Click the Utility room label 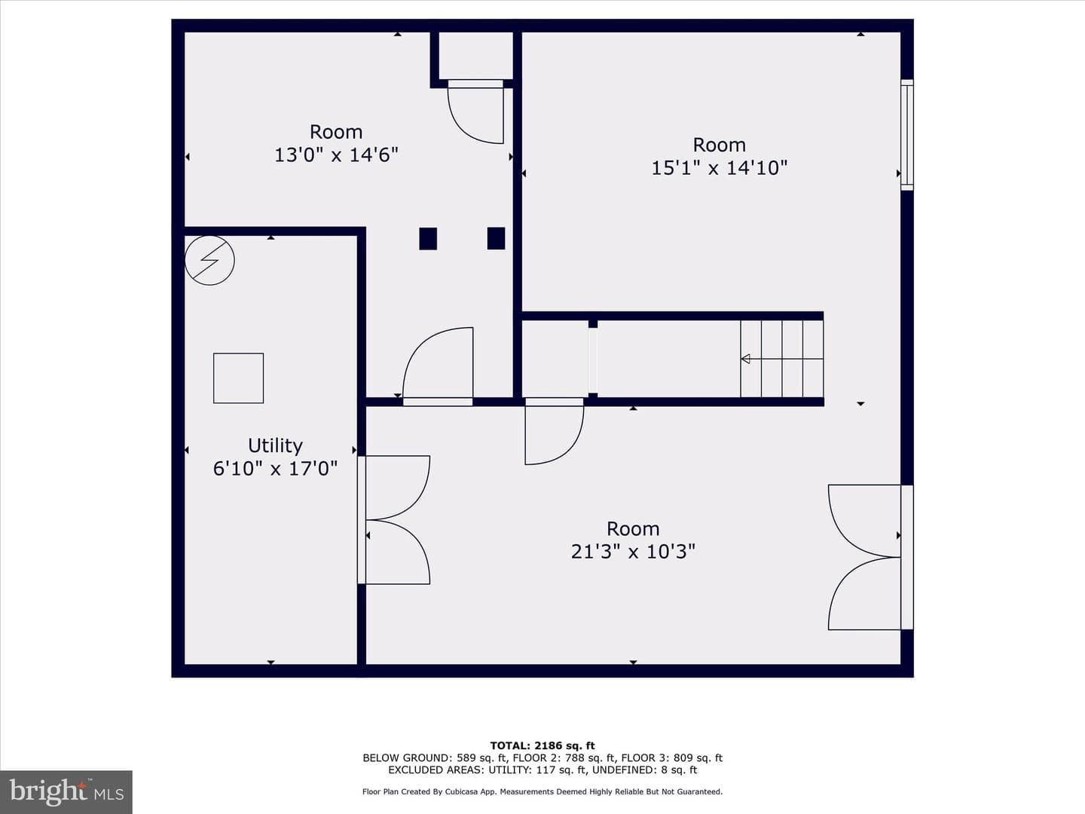pyautogui.click(x=275, y=446)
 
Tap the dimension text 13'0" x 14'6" pyautogui.click(x=336, y=155)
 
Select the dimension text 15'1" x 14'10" pyautogui.click(x=720, y=168)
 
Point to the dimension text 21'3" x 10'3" pyautogui.click(x=633, y=552)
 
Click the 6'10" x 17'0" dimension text pyautogui.click(x=275, y=469)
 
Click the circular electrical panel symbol pyautogui.click(x=209, y=261)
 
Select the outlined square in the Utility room pyautogui.click(x=238, y=378)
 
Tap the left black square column pyautogui.click(x=428, y=239)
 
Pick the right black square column pyautogui.click(x=497, y=238)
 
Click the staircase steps pyautogui.click(x=782, y=359)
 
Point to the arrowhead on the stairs pyautogui.click(x=745, y=359)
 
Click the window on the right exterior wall pyautogui.click(x=907, y=135)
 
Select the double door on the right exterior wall pyautogui.click(x=870, y=558)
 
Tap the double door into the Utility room pyautogui.click(x=393, y=520)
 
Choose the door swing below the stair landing pyautogui.click(x=554, y=431)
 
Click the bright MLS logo pyautogui.click(x=66, y=791)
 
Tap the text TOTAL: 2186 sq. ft pyautogui.click(x=542, y=745)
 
